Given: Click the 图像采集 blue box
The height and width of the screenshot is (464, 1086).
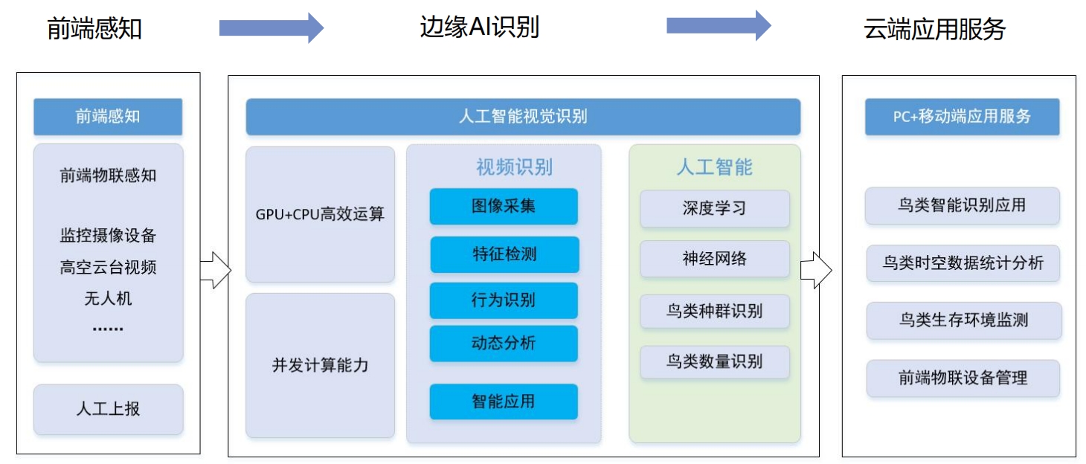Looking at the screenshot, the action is pyautogui.click(x=504, y=206).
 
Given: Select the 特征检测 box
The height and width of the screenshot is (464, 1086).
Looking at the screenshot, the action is pyautogui.click(x=504, y=254).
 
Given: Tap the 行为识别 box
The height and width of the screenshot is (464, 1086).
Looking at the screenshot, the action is pyautogui.click(x=504, y=300).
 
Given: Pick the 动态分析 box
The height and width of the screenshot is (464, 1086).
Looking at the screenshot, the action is pyautogui.click(x=504, y=344).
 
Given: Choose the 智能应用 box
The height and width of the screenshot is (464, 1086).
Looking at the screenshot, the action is pyautogui.click(x=504, y=402).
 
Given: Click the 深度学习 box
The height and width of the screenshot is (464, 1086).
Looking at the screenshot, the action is pyautogui.click(x=714, y=208).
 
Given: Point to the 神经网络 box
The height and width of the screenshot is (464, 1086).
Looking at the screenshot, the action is pyautogui.click(x=714, y=259).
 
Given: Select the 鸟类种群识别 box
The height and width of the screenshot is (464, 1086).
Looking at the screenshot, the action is pyautogui.click(x=714, y=312).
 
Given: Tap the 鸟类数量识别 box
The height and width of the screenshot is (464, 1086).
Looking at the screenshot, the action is pyautogui.click(x=714, y=361).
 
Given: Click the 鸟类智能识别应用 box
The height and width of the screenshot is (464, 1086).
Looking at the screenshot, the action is pyautogui.click(x=962, y=205).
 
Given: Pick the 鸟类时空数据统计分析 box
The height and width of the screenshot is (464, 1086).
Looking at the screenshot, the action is pyautogui.click(x=963, y=263).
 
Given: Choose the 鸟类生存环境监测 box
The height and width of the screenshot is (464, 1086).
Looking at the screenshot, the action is pyautogui.click(x=964, y=320).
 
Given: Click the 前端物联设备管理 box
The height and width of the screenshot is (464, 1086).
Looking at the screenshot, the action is pyautogui.click(x=963, y=378).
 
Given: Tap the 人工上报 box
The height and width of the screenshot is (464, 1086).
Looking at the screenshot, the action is pyautogui.click(x=108, y=409).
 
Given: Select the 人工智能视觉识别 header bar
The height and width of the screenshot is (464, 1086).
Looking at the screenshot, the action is pyautogui.click(x=523, y=117).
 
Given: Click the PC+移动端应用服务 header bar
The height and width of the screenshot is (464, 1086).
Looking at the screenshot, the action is pyautogui.click(x=962, y=117).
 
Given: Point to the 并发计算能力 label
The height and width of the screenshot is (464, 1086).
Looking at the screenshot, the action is pyautogui.click(x=320, y=365).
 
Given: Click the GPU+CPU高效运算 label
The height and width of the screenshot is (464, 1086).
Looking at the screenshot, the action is pyautogui.click(x=320, y=214).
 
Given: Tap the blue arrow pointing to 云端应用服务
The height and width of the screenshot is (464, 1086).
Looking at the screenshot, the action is pyautogui.click(x=719, y=26).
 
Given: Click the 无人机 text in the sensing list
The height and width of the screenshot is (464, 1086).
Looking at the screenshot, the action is pyautogui.click(x=108, y=298).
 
